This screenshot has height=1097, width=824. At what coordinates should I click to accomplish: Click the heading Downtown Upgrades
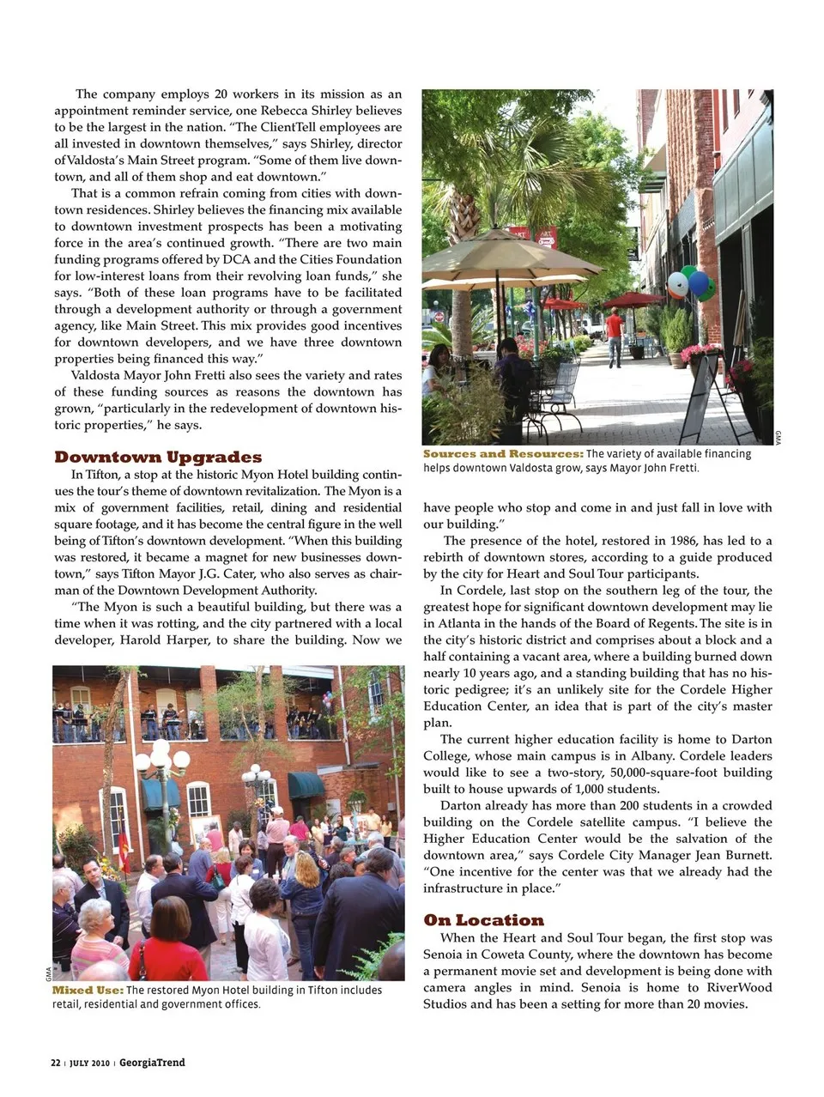pos(158,457)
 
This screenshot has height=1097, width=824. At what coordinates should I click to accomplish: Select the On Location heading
pos(483,920)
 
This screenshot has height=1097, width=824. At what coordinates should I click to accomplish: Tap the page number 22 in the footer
pos(56,1063)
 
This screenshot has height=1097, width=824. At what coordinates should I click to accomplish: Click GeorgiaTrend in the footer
pos(152,1063)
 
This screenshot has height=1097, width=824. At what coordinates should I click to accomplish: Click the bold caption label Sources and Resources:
pos(503,454)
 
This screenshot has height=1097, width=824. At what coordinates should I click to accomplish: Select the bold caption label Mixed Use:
pos(88,990)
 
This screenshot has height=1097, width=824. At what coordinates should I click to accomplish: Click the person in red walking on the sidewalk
pos(615,335)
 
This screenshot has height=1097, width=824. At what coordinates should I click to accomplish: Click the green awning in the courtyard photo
pos(306,785)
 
